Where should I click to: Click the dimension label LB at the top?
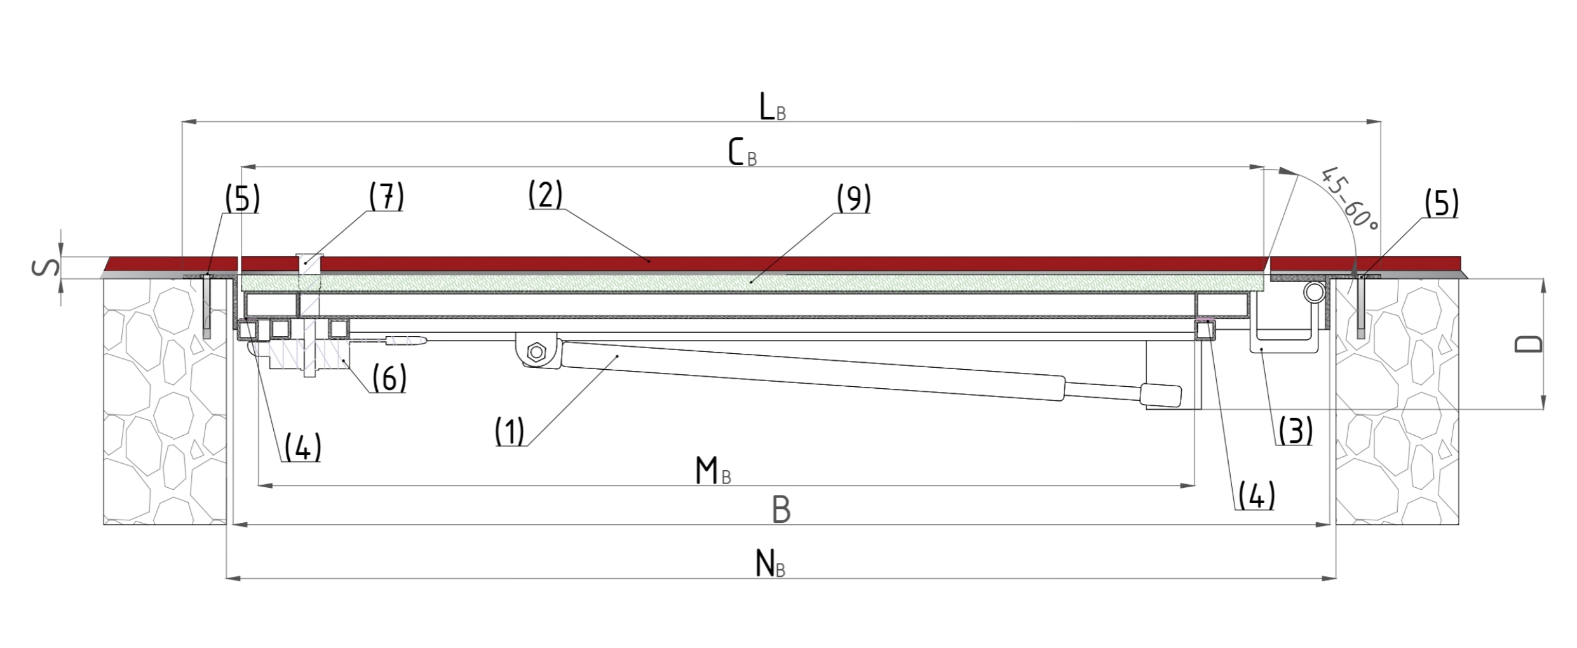click(x=772, y=108)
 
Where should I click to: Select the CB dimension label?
click(x=742, y=153)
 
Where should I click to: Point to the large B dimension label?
click(x=781, y=510)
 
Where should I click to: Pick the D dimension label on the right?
click(x=1528, y=343)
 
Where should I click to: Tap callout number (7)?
click(x=386, y=196)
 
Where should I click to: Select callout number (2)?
click(x=545, y=195)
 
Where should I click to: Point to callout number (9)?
click(x=853, y=199)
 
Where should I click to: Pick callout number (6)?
click(x=389, y=379)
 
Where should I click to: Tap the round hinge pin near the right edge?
click(x=1315, y=293)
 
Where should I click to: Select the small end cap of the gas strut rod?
click(x=1161, y=395)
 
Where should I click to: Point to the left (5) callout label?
click(x=242, y=199)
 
